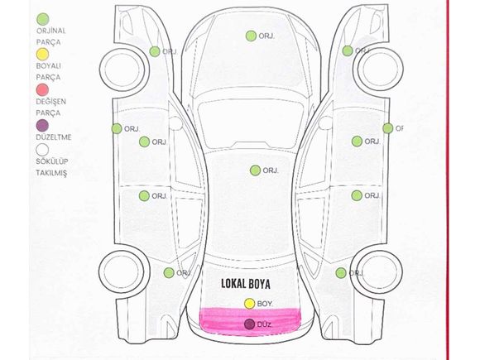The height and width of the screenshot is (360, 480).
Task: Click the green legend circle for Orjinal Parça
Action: (x=42, y=19)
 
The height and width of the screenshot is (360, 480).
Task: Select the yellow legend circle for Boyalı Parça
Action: (x=42, y=55)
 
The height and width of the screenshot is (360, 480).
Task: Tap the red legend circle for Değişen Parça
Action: (x=42, y=89)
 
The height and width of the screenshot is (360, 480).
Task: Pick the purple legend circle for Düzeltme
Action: (x=42, y=126)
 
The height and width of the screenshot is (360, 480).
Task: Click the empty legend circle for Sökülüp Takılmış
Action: (x=42, y=150)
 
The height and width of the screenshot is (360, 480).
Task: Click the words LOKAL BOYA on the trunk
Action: (x=246, y=284)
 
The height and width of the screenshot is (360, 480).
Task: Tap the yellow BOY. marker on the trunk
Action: (x=249, y=304)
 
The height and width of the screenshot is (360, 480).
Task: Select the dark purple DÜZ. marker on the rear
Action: (x=250, y=324)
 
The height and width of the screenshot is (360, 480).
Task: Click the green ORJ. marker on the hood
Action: (x=251, y=36)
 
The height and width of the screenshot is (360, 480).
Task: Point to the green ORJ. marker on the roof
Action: (x=255, y=170)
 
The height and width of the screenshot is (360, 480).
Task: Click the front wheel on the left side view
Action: (x=122, y=70)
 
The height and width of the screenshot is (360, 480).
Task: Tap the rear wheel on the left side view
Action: (x=122, y=272)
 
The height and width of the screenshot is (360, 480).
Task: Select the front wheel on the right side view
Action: (x=378, y=70)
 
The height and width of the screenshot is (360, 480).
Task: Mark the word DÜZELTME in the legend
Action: (x=54, y=137)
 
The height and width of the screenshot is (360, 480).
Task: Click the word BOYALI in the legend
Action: (x=48, y=66)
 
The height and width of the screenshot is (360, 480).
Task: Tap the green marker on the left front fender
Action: (x=155, y=51)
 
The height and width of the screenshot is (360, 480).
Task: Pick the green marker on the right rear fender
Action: (x=341, y=273)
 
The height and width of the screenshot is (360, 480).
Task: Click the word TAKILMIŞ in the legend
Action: (x=51, y=173)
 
